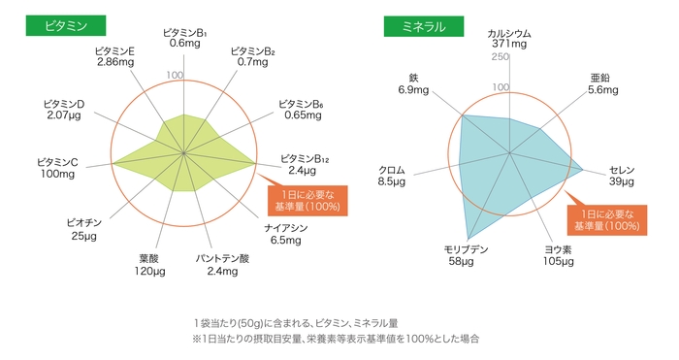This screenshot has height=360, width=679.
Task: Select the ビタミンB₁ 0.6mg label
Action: click(184, 38)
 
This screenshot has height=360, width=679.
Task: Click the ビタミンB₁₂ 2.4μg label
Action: click(306, 163)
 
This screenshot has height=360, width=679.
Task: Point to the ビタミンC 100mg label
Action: click(57, 167)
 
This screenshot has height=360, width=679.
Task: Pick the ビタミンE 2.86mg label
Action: click(115, 55)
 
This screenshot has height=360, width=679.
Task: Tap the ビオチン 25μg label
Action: click(83, 228)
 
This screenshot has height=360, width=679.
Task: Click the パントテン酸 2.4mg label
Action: click(223, 264)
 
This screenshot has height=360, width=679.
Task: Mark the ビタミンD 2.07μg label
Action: click(65, 109)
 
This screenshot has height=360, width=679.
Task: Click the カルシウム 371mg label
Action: click(509, 38)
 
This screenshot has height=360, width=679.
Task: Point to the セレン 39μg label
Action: click(621, 175)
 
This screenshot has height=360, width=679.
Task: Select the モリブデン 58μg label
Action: click(466, 255)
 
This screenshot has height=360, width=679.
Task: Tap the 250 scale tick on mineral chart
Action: click(500, 57)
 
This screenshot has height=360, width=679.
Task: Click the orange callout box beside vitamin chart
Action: click(308, 199)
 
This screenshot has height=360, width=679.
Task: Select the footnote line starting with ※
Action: click(336, 340)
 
